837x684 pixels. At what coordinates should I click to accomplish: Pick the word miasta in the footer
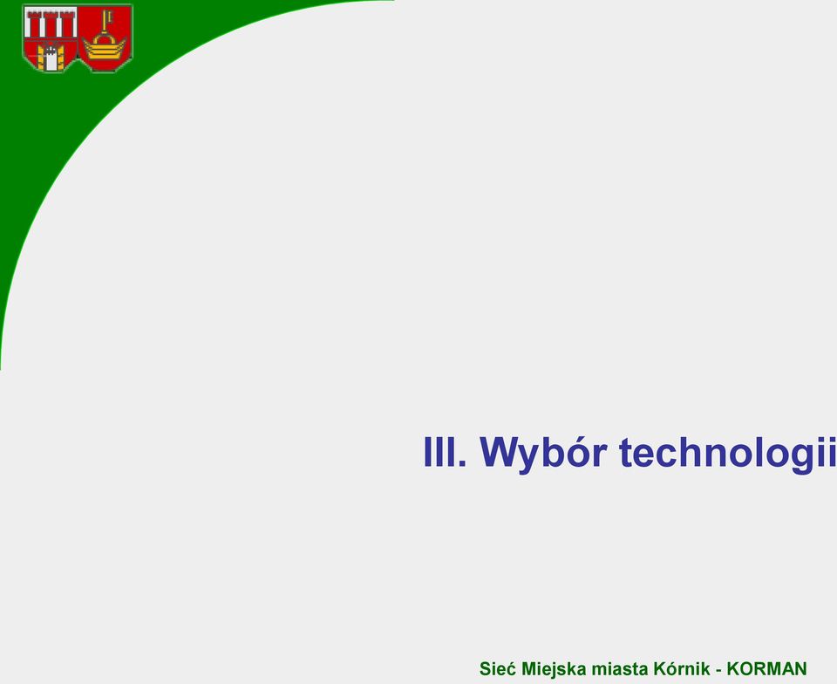click(x=619, y=669)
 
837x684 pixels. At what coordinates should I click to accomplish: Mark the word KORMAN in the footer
click(x=766, y=669)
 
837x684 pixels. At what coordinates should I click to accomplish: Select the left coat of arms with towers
click(x=51, y=38)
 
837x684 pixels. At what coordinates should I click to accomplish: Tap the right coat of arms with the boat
click(x=105, y=38)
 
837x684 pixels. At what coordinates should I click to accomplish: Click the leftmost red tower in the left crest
click(x=35, y=24)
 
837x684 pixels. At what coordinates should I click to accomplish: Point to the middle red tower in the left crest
click(x=51, y=24)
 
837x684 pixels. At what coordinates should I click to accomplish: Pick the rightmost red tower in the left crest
click(x=66, y=24)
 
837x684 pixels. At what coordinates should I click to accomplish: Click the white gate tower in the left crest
click(x=51, y=58)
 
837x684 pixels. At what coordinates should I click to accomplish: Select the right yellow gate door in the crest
click(x=60, y=57)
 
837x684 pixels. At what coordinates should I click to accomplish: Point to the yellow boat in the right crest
click(x=104, y=50)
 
